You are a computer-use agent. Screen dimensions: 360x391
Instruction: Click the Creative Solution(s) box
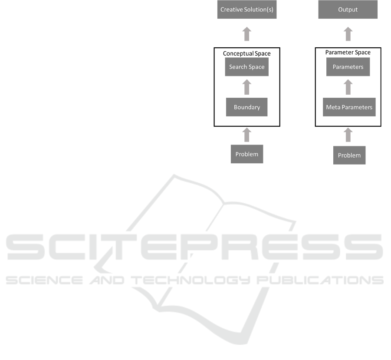pos(246,10)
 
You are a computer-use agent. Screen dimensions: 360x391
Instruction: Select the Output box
pos(348,10)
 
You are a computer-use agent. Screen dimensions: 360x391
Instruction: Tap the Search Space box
pos(246,67)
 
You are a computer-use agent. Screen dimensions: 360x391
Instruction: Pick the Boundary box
pos(246,107)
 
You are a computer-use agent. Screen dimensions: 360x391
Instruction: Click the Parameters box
pos(348,67)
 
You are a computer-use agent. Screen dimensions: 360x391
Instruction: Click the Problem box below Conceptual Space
pos(246,154)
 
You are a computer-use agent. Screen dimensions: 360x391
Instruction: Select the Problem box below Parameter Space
pos(349,155)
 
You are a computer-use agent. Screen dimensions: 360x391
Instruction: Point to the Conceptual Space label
pos(246,53)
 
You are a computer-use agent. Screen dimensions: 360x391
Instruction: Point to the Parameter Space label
pos(348,53)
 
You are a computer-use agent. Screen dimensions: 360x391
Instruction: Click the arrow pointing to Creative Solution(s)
pos(246,34)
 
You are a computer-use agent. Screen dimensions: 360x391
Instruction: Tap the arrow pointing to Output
pos(348,34)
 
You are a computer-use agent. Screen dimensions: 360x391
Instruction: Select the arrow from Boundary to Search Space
pos(246,87)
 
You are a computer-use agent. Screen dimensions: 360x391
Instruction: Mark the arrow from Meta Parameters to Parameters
pos(348,87)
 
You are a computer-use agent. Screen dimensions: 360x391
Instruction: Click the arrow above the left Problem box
pos(246,135)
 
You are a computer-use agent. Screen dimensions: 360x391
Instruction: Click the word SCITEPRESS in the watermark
pos(195,249)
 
